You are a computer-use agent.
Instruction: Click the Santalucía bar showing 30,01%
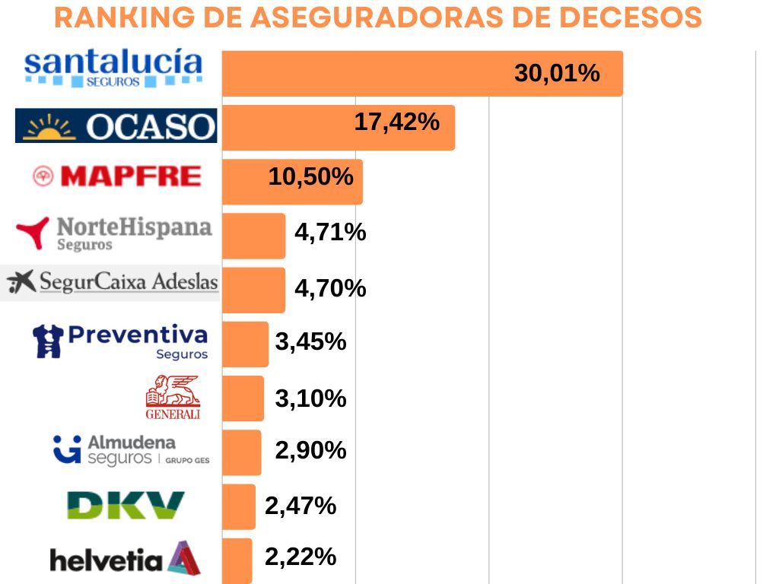pos(422,74)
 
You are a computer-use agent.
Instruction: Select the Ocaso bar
pos(338,128)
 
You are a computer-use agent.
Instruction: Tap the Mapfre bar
pos(292,182)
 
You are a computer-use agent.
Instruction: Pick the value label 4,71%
pos(330,232)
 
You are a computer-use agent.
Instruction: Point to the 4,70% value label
pos(330,289)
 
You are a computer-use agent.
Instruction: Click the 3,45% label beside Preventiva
pos(310,342)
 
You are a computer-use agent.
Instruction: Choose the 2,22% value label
pos(300,557)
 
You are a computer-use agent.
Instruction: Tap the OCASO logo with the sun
pos(116,125)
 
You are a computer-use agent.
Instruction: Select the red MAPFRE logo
pos(118,176)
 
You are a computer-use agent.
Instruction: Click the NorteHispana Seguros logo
pos(114,232)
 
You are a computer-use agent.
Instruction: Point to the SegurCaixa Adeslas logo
pos(112,284)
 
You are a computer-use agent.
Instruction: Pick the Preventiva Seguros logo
pos(120,341)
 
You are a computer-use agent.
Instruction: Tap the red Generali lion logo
pos(173,396)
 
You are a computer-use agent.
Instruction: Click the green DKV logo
pos(126,505)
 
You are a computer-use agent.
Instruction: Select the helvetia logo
pos(125,558)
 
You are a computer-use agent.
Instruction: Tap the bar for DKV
pos(239,506)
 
